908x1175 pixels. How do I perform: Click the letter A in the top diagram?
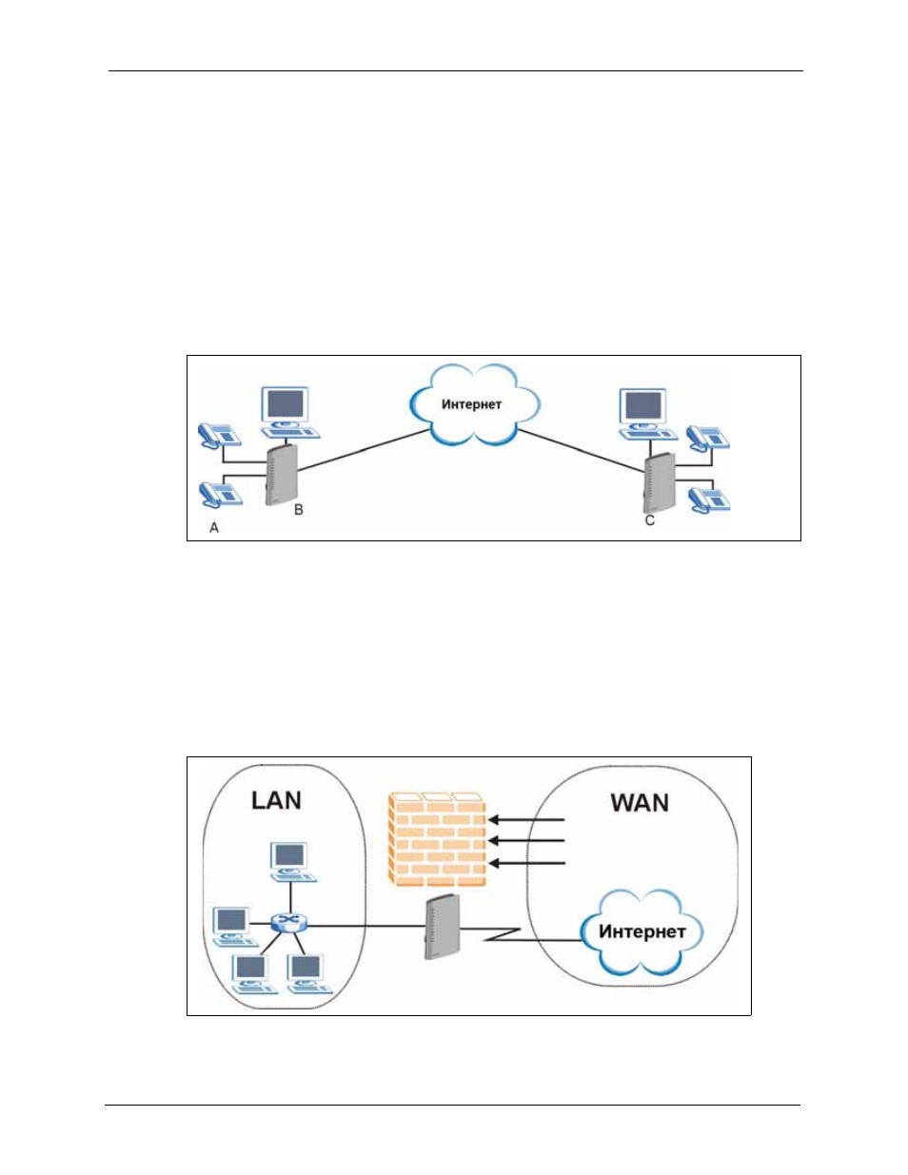click(214, 527)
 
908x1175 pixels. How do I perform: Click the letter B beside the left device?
click(299, 509)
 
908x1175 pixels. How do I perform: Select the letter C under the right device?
click(649, 520)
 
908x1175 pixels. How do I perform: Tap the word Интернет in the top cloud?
click(471, 404)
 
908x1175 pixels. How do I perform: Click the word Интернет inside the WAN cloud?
click(642, 931)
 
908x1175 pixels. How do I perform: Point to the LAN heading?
click(276, 801)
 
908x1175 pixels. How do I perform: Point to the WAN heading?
click(640, 803)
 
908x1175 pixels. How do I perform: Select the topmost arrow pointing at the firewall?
click(526, 820)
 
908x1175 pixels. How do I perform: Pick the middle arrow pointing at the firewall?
click(526, 841)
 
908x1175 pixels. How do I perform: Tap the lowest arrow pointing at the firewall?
click(526, 864)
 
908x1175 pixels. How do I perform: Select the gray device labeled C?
click(660, 482)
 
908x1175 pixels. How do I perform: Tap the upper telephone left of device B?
click(219, 435)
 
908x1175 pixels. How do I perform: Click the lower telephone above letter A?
click(221, 494)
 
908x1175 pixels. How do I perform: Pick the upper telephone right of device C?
click(708, 437)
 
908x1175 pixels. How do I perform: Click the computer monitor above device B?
click(285, 404)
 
